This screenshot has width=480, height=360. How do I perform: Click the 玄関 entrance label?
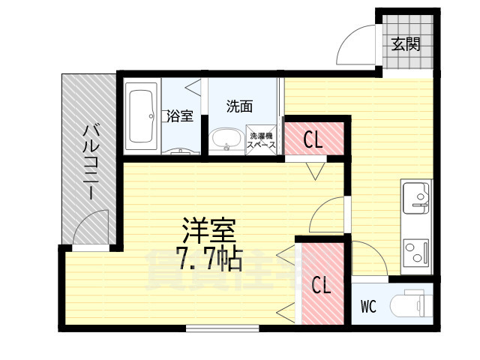pyautogui.click(x=405, y=43)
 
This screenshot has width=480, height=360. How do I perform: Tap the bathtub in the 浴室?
pyautogui.click(x=141, y=118)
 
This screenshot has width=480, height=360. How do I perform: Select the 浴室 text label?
pyautogui.click(x=180, y=116)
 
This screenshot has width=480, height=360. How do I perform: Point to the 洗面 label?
pyautogui.click(x=239, y=106)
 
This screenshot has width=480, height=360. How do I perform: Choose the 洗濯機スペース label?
pyautogui.click(x=262, y=140)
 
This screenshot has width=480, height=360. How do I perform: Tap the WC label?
pyautogui.click(x=368, y=306)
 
